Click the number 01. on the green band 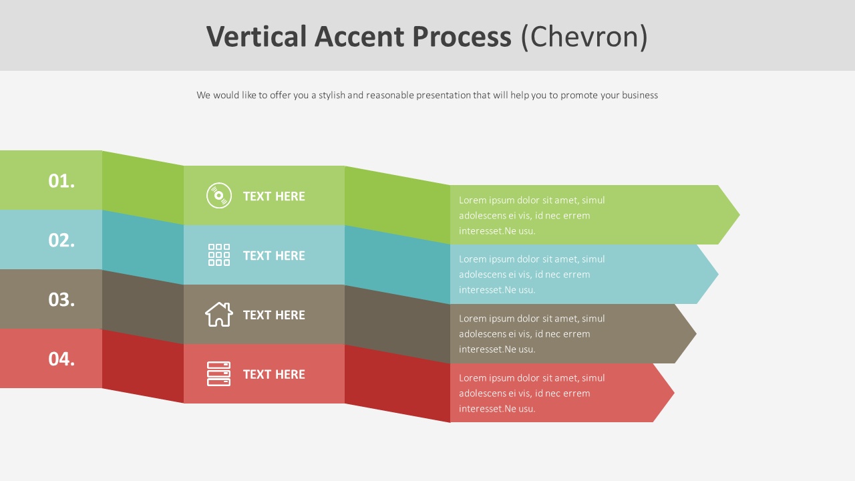[x=61, y=181]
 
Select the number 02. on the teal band [x=61, y=240]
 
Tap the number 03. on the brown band [x=61, y=300]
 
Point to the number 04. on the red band [x=61, y=359]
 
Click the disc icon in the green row [x=219, y=196]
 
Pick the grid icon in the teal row [x=219, y=255]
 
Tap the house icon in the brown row [x=219, y=314]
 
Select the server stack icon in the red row [x=218, y=373]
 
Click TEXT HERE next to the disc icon [x=274, y=196]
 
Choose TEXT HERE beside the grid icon [x=274, y=256]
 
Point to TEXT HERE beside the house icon [x=274, y=315]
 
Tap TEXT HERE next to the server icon [x=274, y=375]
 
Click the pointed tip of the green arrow [x=739, y=215]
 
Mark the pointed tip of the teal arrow [x=718, y=274]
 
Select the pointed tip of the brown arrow [x=696, y=333]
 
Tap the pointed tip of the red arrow [x=674, y=393]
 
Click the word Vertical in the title [x=256, y=37]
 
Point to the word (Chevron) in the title [x=584, y=37]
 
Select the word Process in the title [x=462, y=37]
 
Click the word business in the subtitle [x=640, y=95]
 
